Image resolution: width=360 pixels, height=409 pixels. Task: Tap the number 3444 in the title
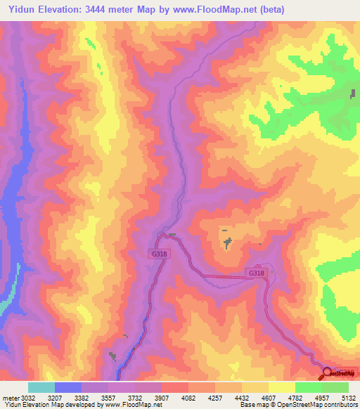pyautogui.click(x=96, y=8)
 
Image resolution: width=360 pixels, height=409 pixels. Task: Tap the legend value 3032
pyautogui.click(x=28, y=397)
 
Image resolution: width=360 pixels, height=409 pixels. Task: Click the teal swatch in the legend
pyautogui.click(x=41, y=387)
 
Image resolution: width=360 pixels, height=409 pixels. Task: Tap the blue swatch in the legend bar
pyautogui.click(x=68, y=387)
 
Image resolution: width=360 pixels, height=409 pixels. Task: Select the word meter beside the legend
pyautogui.click(x=10, y=397)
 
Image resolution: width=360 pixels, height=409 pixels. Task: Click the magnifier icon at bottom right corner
pyautogui.click(x=326, y=373)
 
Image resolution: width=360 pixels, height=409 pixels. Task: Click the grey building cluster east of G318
pyautogui.click(x=227, y=243)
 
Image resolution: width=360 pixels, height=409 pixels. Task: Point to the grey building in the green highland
pyautogui.click(x=352, y=94)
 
